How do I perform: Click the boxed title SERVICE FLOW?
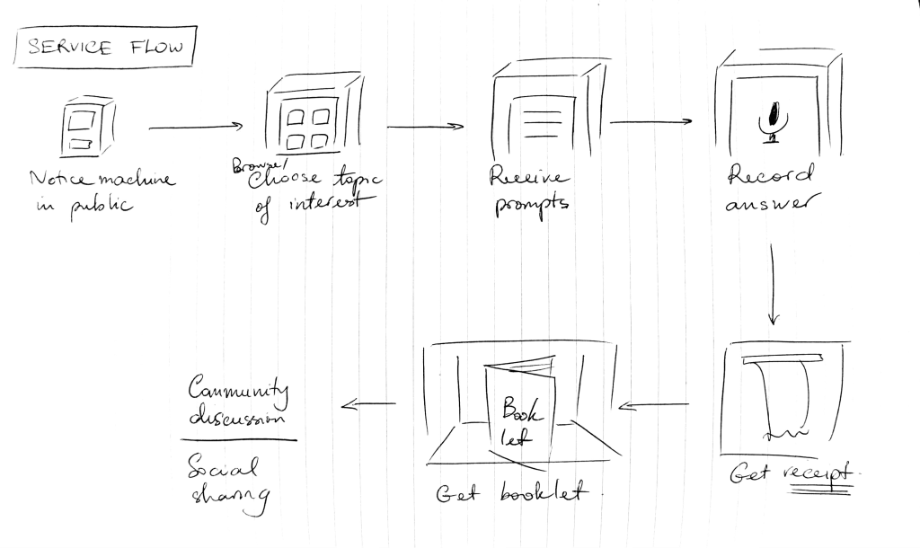coord(105,48)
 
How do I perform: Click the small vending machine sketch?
coord(87,127)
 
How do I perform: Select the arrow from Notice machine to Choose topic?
coord(195,127)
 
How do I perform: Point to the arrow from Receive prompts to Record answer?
coord(650,121)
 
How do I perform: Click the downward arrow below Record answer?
coord(771,287)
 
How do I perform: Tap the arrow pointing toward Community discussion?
coord(368,403)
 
